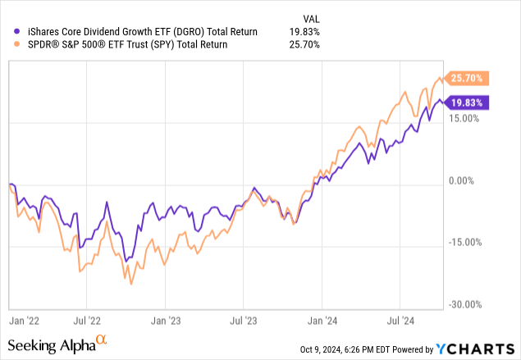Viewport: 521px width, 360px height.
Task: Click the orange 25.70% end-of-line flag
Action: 468,79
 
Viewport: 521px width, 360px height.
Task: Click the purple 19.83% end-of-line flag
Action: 468,103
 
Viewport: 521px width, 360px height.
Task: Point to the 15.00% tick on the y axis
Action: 464,118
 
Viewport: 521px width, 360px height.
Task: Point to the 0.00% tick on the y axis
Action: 465,180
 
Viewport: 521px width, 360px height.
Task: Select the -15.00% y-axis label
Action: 464,243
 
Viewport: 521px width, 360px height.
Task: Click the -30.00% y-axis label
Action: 464,304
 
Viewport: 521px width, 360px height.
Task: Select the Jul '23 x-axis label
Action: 244,314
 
